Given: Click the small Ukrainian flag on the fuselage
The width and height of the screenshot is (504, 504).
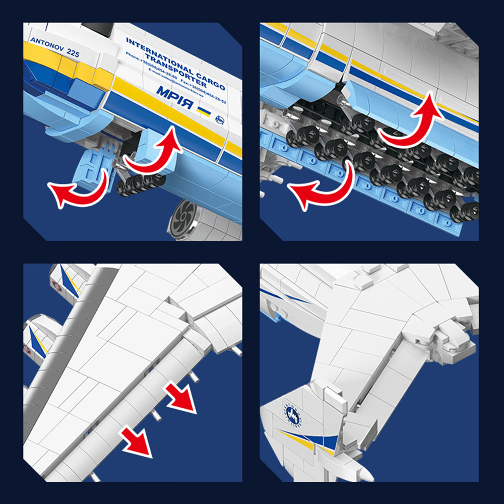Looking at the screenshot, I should [x=204, y=110].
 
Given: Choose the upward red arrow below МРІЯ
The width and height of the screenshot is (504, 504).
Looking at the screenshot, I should [x=154, y=151].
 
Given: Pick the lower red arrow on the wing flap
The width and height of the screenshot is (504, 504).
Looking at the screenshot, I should [x=137, y=440].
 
